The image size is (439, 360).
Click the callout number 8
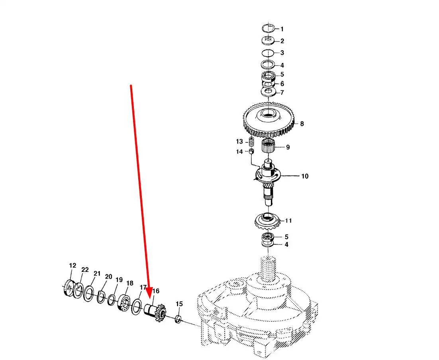tap(302, 124)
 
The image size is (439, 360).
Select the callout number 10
tap(305, 176)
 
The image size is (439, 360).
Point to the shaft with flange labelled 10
tap(268, 179)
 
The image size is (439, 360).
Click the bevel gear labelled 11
tap(267, 221)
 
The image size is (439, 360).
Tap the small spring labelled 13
tap(251, 142)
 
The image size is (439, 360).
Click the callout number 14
tap(239, 152)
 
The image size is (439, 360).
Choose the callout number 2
tap(282, 41)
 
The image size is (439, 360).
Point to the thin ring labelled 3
tap(268, 53)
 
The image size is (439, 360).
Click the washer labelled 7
tap(268, 92)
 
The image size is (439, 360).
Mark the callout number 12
tap(73, 266)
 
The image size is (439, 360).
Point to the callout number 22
tap(85, 270)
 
